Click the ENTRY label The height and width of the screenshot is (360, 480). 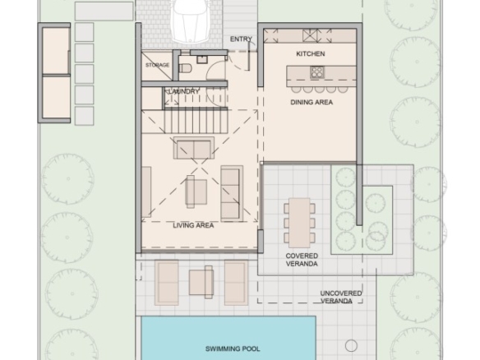click(x=241, y=39)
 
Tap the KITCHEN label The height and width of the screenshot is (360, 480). click(x=311, y=54)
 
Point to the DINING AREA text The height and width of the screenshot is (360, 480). click(x=312, y=102)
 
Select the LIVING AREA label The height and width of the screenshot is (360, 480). click(x=193, y=225)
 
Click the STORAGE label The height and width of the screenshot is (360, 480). click(x=157, y=65)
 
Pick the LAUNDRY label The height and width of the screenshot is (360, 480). click(x=184, y=91)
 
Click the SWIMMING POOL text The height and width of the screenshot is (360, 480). click(x=233, y=348)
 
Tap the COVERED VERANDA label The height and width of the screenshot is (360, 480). click(x=302, y=260)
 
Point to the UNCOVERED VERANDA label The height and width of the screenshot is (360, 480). click(x=341, y=297)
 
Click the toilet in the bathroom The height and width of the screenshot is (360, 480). click(x=185, y=68)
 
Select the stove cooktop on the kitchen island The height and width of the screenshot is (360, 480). click(x=316, y=72)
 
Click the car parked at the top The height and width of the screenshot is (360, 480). click(x=191, y=21)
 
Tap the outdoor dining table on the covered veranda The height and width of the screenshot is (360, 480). click(x=299, y=223)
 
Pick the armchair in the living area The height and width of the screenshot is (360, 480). click(x=196, y=192)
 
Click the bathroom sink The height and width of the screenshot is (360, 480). click(x=202, y=59)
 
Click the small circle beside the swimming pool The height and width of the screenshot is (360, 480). click(x=351, y=345)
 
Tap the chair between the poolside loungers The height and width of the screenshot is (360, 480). click(x=201, y=282)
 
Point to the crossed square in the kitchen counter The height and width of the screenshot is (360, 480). click(x=311, y=35)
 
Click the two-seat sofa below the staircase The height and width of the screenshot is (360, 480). click(x=194, y=148)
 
